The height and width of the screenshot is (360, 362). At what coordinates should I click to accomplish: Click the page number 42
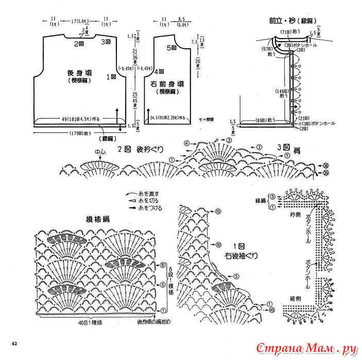(15, 343)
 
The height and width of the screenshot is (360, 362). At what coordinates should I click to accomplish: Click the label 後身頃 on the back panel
(79, 73)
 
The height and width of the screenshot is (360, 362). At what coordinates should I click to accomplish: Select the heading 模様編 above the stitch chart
(98, 220)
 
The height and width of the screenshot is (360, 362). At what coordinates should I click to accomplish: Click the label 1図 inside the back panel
(111, 77)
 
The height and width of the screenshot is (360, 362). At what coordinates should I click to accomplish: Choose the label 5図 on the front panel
(171, 48)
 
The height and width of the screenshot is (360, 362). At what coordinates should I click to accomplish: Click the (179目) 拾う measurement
(78, 134)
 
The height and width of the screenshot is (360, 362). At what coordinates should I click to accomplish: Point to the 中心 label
(100, 152)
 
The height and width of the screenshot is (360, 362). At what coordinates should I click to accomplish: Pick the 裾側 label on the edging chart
(295, 299)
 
